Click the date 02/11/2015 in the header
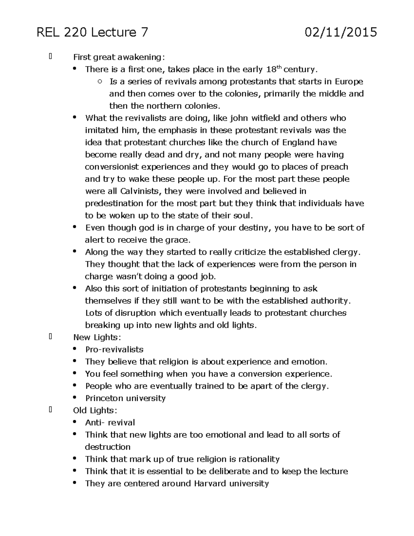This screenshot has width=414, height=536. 341,32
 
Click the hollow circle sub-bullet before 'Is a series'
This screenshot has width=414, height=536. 100,82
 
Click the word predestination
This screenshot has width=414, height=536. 114,203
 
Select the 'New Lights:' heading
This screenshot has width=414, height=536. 97,337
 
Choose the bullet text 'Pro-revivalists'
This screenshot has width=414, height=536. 114,349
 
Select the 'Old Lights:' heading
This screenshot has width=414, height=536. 95,410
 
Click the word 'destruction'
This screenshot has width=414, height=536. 108,447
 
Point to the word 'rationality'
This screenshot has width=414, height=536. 259,459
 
